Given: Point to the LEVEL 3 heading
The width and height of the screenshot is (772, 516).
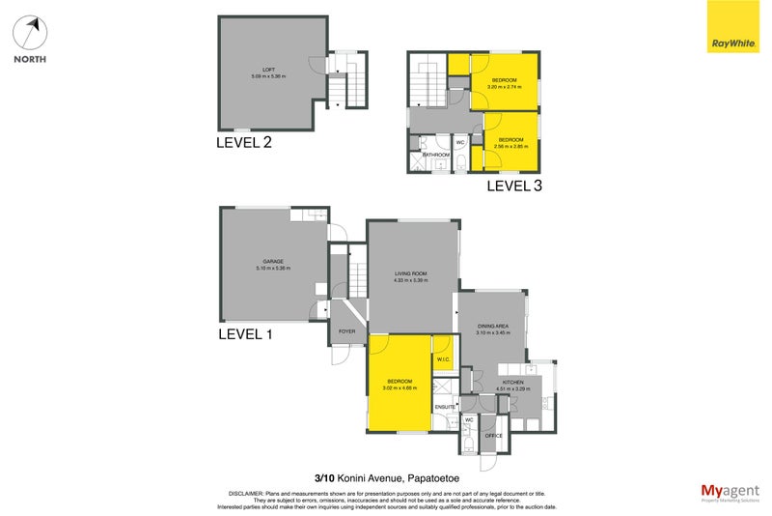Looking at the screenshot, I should point(513,185).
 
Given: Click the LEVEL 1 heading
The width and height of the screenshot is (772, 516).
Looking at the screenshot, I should point(246,333).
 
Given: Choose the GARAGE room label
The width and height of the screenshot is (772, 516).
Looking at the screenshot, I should point(273,261).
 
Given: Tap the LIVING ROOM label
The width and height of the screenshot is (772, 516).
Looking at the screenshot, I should point(410,273).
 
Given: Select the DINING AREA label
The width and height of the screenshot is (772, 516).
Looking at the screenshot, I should point(493,327).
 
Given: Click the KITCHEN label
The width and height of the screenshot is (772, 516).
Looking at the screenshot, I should point(511,382).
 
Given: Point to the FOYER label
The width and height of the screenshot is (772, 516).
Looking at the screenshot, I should point(346,331).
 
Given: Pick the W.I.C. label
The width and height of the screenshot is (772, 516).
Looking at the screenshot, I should point(444,361).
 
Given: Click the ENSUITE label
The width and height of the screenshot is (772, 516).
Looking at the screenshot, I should point(445,407).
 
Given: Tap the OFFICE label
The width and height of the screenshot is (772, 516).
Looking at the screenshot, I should point(494,436).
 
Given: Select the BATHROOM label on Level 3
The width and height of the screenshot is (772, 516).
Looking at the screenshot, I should point(437,155).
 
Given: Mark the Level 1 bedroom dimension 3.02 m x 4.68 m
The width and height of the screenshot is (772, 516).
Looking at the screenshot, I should point(399,387).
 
